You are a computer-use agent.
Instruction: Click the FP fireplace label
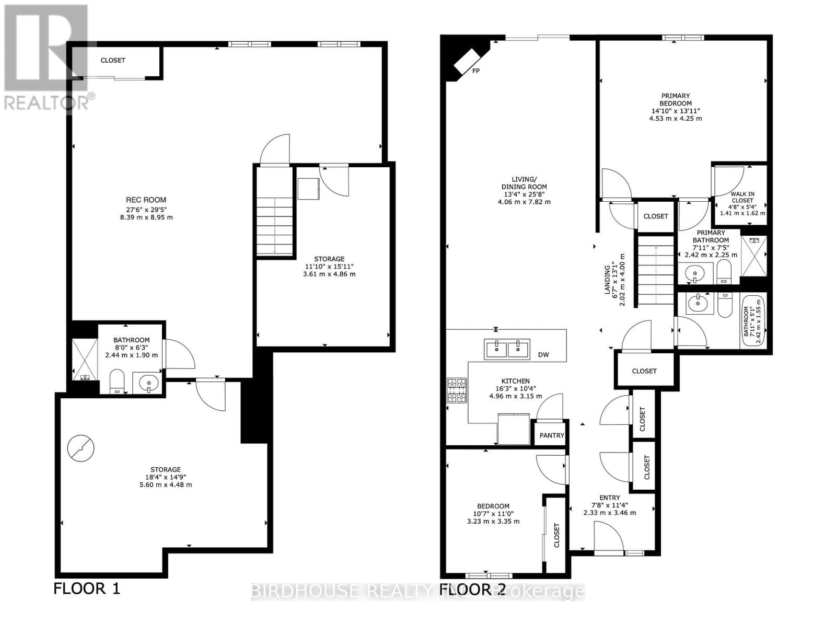point(476,71)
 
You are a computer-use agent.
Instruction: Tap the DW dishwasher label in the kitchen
point(543,355)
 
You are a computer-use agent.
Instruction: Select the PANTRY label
point(552,435)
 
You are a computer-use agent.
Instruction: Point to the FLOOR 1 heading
point(87,589)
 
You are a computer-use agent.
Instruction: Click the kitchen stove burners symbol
point(456,391)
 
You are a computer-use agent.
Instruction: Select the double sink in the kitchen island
point(507,349)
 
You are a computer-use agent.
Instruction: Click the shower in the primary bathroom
point(753,256)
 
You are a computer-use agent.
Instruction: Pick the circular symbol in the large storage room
point(81,448)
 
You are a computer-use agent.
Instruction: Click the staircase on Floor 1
point(275,225)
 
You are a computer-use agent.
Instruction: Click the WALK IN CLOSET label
point(742,197)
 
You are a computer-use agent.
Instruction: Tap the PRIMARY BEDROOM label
point(675,99)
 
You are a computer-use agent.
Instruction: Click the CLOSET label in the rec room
point(113,60)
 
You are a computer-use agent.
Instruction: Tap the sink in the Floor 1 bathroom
point(148,383)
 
